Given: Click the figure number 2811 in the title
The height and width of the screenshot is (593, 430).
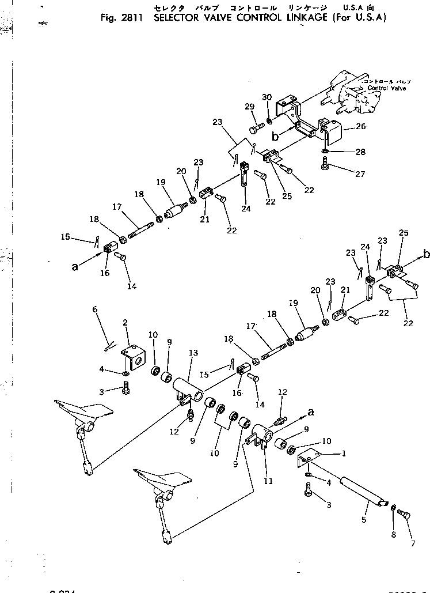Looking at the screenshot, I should point(134,17).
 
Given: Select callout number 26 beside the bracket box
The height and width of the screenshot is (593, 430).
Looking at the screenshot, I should point(361,127).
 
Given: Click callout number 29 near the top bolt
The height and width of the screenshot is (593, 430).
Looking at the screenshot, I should point(249,107).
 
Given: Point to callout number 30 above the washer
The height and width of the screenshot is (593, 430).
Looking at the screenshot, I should point(267,97).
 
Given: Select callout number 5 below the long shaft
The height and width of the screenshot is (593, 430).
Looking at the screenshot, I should point(363,520).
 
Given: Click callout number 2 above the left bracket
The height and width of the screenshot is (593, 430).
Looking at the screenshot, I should point(125,322).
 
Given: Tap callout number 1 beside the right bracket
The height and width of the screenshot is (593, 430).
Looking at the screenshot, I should point(344,454).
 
